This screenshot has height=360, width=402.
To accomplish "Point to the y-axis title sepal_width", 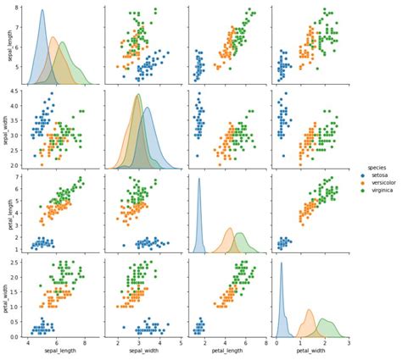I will click(x=7, y=129).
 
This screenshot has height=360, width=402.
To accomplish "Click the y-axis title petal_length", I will click(x=7, y=212).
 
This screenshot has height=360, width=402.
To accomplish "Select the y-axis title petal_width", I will click(x=7, y=296).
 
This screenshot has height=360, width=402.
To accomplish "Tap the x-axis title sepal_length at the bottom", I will click(x=59, y=354).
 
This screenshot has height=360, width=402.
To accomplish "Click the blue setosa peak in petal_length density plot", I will click(x=199, y=178).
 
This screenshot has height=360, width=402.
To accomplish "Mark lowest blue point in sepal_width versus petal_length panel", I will click(x=198, y=156).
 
